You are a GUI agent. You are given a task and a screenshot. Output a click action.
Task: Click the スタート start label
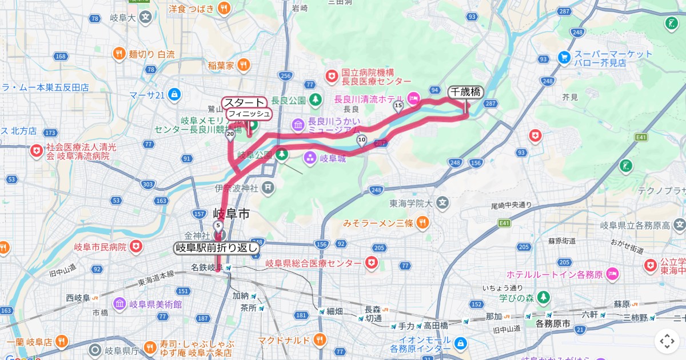[244, 102]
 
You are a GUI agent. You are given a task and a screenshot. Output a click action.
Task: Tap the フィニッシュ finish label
[249, 114]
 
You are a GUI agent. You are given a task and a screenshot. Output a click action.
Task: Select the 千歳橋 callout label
[465, 91]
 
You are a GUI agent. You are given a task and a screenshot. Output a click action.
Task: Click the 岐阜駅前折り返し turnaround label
[217, 248]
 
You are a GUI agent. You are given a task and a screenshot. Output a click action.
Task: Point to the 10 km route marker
[361, 139]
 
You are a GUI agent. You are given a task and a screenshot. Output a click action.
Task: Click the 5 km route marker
[218, 226]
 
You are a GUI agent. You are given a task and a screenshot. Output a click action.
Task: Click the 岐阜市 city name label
[231, 214]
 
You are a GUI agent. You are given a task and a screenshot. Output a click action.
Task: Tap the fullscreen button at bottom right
[667, 341]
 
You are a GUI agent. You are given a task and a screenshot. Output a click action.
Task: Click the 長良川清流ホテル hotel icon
[413, 98]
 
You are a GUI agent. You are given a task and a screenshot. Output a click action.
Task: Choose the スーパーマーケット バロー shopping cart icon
[564, 58]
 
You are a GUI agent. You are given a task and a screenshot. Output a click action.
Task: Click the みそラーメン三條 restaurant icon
[422, 222]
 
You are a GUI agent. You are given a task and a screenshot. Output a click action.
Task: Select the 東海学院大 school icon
[442, 202]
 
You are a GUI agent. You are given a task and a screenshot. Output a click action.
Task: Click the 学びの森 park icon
[543, 297]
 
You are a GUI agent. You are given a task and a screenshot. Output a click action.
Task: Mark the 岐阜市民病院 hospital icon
[135, 247]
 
